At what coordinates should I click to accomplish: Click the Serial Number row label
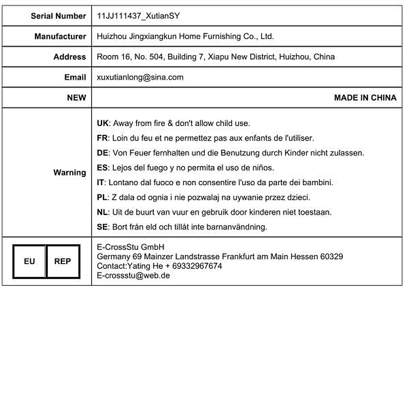(x=58, y=16)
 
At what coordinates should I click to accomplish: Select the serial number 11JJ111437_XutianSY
(x=138, y=16)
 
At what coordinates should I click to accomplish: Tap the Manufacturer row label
(x=60, y=36)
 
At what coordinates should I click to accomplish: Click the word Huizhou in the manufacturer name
(x=112, y=36)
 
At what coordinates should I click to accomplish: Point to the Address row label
(x=70, y=57)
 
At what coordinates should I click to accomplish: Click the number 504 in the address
(x=156, y=57)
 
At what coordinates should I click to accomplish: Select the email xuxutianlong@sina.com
(x=140, y=77)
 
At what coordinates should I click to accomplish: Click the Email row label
(x=75, y=77)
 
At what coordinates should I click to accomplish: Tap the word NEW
(x=76, y=98)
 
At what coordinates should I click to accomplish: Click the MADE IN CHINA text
(x=365, y=98)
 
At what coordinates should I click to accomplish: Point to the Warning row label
(x=70, y=172)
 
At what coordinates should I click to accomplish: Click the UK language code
(x=102, y=123)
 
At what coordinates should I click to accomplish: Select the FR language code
(x=102, y=138)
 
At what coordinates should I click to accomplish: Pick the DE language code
(x=102, y=153)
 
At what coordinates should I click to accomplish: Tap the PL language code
(x=102, y=197)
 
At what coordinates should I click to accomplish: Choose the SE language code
(x=102, y=227)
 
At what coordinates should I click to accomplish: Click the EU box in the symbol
(x=29, y=261)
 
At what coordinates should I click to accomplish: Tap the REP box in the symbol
(x=63, y=261)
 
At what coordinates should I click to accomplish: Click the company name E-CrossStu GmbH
(x=131, y=247)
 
